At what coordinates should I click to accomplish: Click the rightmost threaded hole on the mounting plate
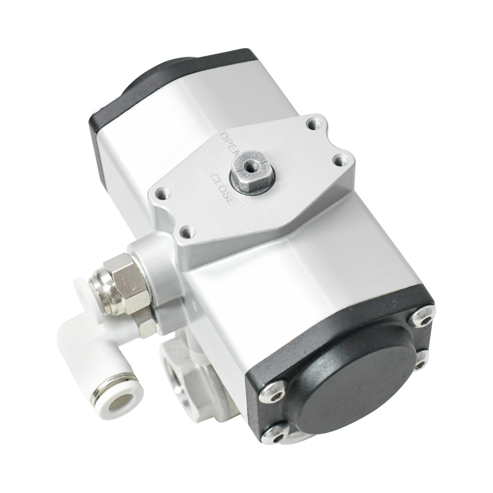340,161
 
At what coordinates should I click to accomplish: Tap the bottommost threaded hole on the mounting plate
187,231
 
